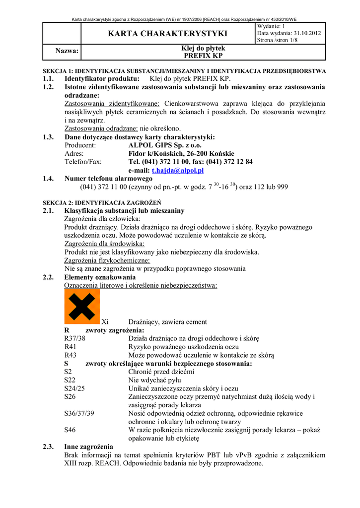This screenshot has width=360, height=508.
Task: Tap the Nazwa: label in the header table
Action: (x=66, y=51)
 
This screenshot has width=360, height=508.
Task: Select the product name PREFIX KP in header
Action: (x=203, y=56)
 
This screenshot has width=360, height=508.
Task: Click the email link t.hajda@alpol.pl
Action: (x=178, y=170)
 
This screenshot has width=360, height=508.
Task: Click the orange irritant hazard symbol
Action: (x=82, y=307)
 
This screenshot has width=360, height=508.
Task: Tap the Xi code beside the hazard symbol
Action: (x=105, y=322)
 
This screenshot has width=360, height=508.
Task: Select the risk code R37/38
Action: (x=75, y=338)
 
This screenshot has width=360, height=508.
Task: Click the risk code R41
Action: (x=71, y=347)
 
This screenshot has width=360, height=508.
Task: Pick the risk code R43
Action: (x=71, y=355)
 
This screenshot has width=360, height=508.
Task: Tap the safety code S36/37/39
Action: (x=79, y=413)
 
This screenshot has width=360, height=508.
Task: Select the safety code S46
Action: (x=70, y=430)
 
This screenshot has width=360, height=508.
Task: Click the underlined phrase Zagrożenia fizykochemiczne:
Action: (x=107, y=260)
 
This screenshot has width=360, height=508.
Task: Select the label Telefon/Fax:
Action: (x=83, y=162)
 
